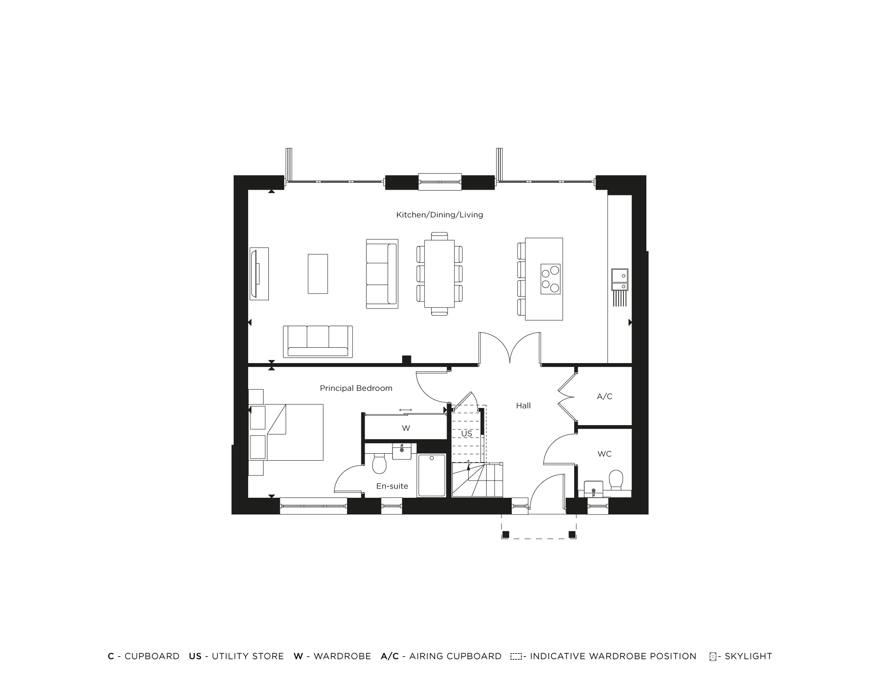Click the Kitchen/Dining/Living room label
(439, 215)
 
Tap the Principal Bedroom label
(356, 388)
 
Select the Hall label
(523, 406)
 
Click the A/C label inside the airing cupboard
(604, 397)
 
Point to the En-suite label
(392, 486)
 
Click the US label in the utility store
(466, 434)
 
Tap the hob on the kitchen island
(550, 279)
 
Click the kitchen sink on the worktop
(620, 276)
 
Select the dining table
(439, 274)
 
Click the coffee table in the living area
(318, 274)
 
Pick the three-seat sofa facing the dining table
(382, 274)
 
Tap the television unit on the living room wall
(259, 274)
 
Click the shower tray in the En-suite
(431, 475)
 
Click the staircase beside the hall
(477, 480)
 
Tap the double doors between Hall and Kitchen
(510, 348)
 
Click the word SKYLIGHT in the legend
(748, 656)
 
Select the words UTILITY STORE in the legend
(248, 656)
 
